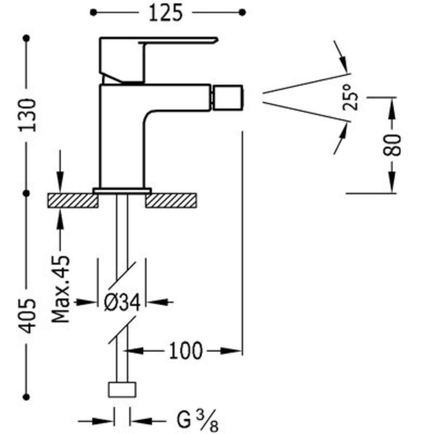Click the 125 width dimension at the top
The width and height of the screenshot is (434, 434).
[165, 13]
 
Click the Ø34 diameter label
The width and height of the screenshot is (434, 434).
[122, 303]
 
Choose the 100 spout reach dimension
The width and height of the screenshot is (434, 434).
[185, 351]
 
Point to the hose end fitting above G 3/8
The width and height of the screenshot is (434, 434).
[122, 390]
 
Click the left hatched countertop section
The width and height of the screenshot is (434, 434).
[72, 201]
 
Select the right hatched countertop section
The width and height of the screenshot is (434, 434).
[172, 201]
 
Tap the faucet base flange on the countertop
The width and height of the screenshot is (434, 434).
[122, 190]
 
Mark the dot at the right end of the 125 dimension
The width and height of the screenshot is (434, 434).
[243, 12]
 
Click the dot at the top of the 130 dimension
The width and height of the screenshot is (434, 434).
[27, 38]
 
